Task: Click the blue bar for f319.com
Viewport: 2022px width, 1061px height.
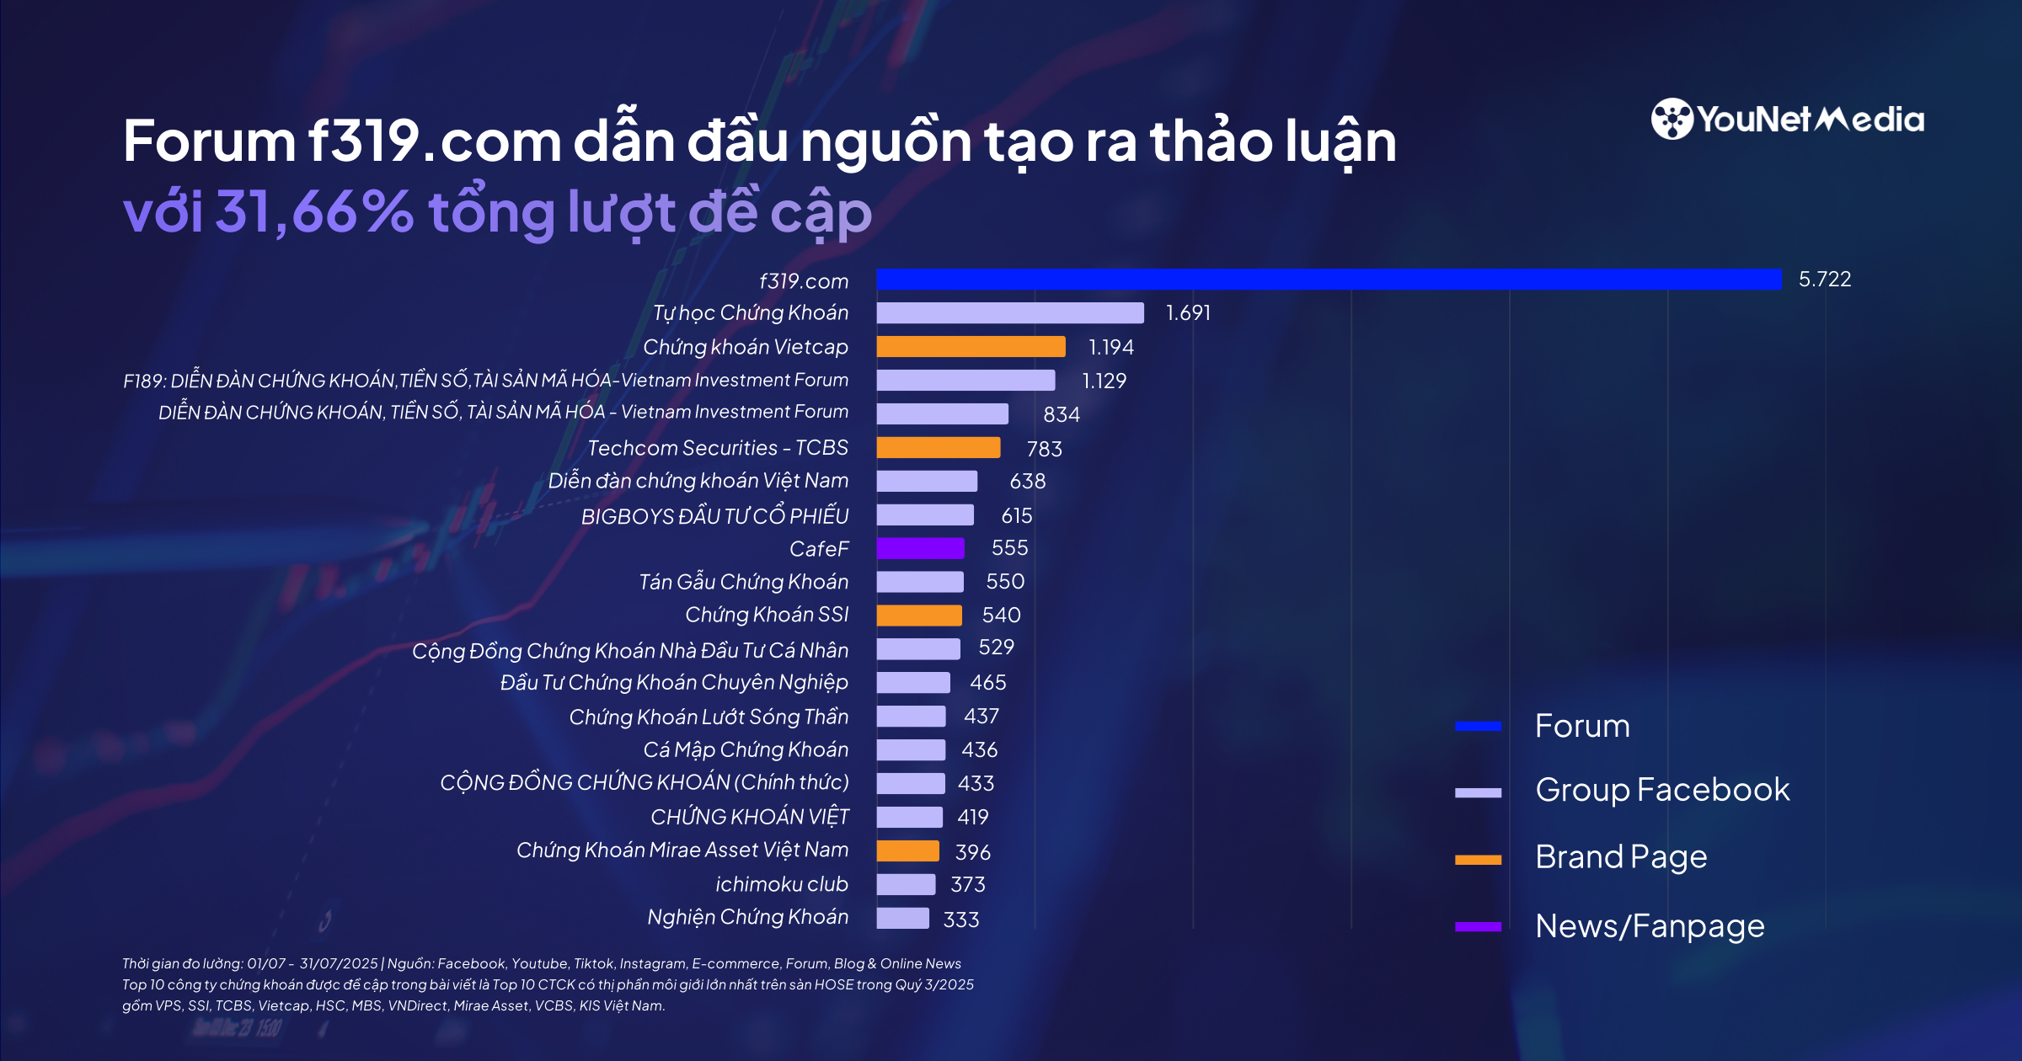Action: point(1329,280)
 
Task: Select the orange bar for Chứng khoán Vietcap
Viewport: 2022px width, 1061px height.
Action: point(971,347)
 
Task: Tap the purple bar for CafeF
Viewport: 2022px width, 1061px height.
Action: point(920,548)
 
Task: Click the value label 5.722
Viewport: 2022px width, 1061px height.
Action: point(1825,280)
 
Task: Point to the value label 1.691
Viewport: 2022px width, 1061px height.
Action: point(1188,313)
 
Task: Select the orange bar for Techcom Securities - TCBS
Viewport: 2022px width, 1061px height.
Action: point(938,448)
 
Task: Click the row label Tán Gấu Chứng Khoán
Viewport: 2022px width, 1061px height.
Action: point(743,582)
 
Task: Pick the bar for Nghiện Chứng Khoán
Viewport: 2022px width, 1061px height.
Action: point(902,918)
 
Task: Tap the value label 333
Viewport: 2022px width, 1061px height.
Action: point(961,920)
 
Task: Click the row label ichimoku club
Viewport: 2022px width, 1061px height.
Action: point(781,884)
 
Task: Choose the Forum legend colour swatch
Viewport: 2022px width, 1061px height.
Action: point(1478,726)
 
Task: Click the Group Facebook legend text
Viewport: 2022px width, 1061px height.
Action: point(1661,790)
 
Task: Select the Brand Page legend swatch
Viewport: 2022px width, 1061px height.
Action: point(1478,860)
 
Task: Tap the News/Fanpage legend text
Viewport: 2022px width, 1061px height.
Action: point(1649,926)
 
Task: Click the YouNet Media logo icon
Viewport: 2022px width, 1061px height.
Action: point(1672,119)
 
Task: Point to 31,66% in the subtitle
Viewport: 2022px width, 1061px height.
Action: point(314,212)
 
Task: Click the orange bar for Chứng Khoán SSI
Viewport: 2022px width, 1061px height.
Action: point(918,616)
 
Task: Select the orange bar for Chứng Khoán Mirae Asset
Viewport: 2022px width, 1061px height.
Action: point(907,851)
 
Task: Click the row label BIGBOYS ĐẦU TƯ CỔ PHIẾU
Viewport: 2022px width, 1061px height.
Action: point(714,516)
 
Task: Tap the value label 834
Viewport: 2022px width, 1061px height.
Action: point(1061,414)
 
